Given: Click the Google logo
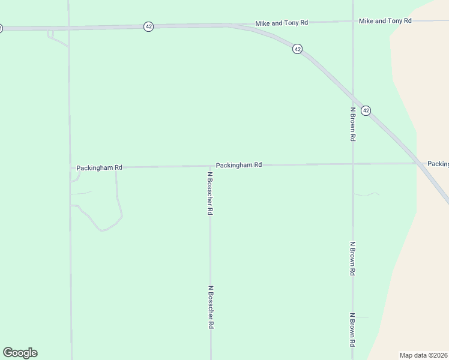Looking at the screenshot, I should [x=20, y=353].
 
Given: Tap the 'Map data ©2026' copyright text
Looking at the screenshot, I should [x=423, y=355].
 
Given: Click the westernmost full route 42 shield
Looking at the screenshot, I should [x=148, y=27].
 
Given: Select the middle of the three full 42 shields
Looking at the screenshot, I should [x=297, y=49].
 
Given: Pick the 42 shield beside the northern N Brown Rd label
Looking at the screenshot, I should [x=366, y=110].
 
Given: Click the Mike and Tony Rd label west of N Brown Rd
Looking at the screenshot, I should [x=282, y=23].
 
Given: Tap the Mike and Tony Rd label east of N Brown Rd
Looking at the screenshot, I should [x=385, y=20].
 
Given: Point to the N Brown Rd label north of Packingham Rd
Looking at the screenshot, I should [x=353, y=124].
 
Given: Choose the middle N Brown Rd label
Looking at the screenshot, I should [x=353, y=258].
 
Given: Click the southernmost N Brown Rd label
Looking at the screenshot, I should [x=353, y=330].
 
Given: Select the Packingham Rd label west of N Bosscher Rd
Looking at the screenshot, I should [x=100, y=168].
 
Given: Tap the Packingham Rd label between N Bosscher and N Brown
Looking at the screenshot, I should [x=239, y=164].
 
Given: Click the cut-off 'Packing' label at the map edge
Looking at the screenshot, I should [x=438, y=164].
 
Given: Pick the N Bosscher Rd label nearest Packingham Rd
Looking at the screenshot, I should [x=210, y=194].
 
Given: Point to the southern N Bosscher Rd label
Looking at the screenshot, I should [x=211, y=307].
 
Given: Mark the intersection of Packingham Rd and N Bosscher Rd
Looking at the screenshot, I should [x=210, y=166].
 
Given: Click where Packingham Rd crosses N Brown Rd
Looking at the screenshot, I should [x=353, y=163].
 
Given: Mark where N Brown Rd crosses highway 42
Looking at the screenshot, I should [x=353, y=98].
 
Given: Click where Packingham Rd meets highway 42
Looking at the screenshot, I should [x=418, y=163].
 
